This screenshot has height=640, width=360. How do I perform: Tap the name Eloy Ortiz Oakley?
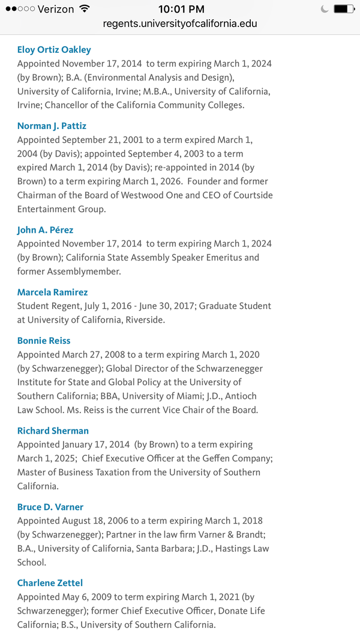point(54,49)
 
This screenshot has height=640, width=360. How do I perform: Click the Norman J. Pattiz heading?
point(52,126)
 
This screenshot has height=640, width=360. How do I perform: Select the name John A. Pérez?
point(45,230)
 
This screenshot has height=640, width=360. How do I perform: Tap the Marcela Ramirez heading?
point(52,292)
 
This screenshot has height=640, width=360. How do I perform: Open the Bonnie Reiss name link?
point(44,341)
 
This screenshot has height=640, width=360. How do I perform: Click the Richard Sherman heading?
point(53,431)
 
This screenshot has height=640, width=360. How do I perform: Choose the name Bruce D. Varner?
point(50,507)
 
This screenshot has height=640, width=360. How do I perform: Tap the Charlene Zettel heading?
point(50,583)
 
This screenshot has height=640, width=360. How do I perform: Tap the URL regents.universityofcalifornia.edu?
point(180,24)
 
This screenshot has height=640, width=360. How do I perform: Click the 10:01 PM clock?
point(181,9)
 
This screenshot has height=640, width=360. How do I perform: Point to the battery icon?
point(344,9)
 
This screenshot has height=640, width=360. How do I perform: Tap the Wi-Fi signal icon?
point(84,8)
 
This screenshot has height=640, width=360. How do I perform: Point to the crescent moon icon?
point(325,9)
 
